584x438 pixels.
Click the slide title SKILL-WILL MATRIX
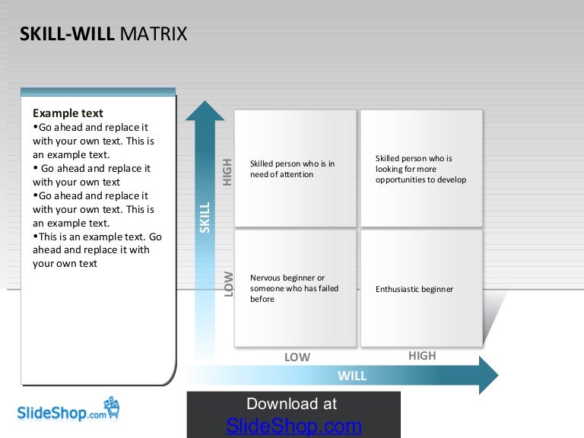coord(103,34)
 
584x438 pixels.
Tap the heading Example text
coord(68,113)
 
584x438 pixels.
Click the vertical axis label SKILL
coord(205,217)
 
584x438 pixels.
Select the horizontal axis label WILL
coord(352,376)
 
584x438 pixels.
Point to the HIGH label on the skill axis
coord(227,171)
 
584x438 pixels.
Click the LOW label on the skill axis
coord(228,284)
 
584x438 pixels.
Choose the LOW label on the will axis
coord(297,357)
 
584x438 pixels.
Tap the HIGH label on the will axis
coord(422,355)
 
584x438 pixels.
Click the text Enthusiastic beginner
coord(414,289)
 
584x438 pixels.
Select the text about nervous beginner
coord(294,288)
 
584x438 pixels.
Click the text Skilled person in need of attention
coord(292,169)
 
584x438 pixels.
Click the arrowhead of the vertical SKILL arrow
coord(205,112)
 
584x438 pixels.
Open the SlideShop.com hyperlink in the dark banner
coord(294,426)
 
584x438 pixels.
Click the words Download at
coord(292,404)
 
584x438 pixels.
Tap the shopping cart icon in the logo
coord(112,408)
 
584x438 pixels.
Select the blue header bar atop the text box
coord(98,91)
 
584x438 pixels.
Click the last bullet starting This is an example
coord(97,250)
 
